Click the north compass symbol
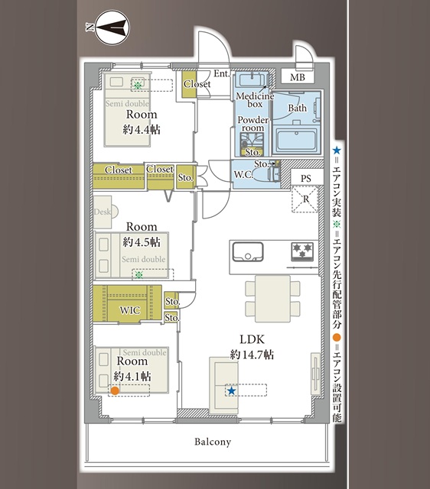112,28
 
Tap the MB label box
298,76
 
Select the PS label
306,178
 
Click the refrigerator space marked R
305,199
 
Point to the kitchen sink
248,251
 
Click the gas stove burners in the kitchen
302,251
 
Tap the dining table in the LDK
272,299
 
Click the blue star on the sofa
231,390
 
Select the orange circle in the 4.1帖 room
115,390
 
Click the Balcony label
213,442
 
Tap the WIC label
130,310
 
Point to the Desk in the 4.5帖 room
103,212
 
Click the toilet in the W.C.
267,174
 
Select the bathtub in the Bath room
296,140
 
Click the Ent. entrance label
222,73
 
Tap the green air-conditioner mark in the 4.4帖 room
138,85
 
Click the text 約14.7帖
252,355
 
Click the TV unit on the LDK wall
315,374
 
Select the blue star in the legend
337,151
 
